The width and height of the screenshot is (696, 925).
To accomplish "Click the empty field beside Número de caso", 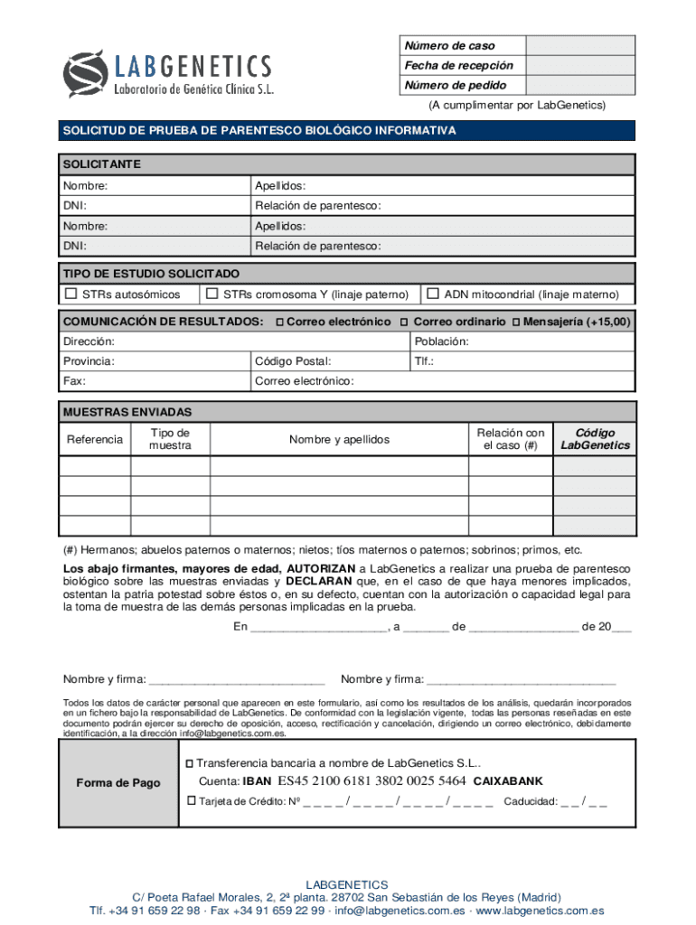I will click(580, 45).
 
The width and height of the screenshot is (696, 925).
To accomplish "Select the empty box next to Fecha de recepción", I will click(580, 65).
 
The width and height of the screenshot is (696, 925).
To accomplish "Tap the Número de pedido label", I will click(455, 86).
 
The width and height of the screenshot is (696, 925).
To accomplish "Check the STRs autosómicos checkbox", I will click(71, 294).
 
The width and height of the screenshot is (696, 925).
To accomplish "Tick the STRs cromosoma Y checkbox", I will click(212, 294).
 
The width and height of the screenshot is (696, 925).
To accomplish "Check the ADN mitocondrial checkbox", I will click(433, 294).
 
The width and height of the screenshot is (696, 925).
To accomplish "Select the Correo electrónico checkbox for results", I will click(279, 322).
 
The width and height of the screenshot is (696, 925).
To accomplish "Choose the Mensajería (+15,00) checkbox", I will click(515, 322).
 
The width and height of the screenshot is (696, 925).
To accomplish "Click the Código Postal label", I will click(286, 361).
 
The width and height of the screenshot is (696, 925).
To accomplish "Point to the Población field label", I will click(441, 341).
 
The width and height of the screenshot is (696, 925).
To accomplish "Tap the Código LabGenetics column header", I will click(595, 439).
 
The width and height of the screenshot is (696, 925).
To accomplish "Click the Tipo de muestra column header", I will click(170, 439).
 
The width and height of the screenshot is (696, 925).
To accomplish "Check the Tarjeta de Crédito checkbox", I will click(191, 800).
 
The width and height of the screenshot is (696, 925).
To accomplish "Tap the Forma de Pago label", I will click(118, 783).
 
